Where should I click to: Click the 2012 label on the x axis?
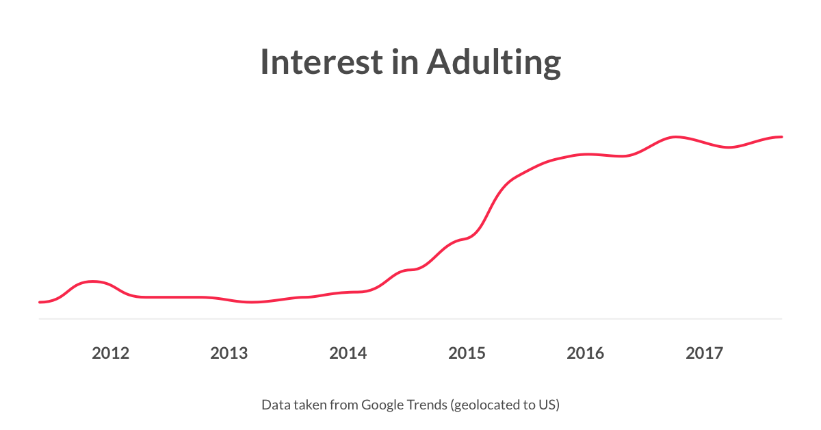click(x=110, y=353)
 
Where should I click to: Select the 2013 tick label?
click(x=229, y=353)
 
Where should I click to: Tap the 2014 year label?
click(x=348, y=353)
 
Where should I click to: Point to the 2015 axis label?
click(x=467, y=353)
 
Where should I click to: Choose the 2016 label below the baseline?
click(x=586, y=353)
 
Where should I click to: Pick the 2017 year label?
click(x=704, y=353)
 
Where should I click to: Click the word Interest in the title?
click(x=322, y=62)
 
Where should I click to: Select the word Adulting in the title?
click(x=493, y=62)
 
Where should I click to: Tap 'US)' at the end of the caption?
click(x=549, y=405)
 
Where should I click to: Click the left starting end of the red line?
click(x=40, y=302)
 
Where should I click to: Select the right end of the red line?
click(x=781, y=137)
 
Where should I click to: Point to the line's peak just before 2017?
click(x=675, y=137)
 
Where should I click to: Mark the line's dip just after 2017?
click(x=729, y=147)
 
